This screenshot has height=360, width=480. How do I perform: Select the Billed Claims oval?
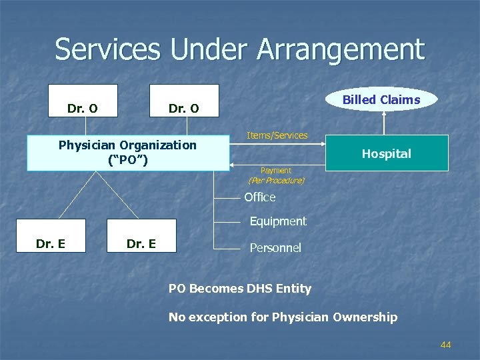click(x=381, y=100)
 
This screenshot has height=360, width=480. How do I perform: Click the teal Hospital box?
click(x=386, y=153)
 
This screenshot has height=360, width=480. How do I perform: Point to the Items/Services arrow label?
click(x=277, y=135)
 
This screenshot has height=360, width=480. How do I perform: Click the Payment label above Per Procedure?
click(x=276, y=171)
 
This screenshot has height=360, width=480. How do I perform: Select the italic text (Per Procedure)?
click(x=276, y=181)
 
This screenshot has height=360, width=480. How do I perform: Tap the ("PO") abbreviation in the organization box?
click(x=127, y=160)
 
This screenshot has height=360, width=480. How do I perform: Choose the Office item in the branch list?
click(x=259, y=197)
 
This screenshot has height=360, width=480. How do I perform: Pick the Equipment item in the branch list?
click(x=277, y=221)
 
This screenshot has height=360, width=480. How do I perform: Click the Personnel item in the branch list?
click(x=275, y=248)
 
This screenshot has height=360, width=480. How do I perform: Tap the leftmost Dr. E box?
click(x=51, y=236)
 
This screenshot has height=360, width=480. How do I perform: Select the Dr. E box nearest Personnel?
click(x=141, y=236)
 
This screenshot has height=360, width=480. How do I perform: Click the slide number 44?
click(x=445, y=345)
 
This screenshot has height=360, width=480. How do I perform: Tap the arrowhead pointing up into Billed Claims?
click(x=384, y=114)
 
